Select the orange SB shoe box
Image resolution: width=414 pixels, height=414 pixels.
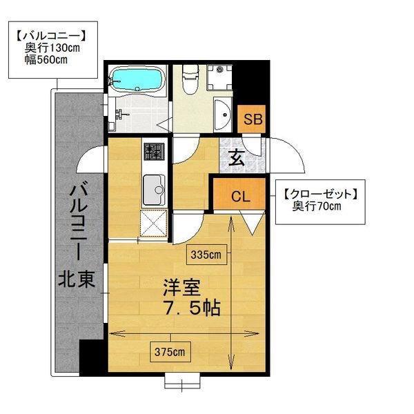251,119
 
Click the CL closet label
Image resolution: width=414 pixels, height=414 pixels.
241,196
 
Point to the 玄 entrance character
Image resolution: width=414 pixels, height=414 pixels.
236,157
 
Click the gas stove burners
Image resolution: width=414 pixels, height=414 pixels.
154,151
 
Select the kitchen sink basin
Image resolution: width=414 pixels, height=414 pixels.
154,189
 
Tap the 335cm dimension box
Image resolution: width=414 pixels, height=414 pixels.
206,255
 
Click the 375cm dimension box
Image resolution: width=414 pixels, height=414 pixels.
170,352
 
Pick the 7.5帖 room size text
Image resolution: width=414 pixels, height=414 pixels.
192,308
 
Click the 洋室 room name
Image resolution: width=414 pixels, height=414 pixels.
181,288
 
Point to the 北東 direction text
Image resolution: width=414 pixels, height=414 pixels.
77,279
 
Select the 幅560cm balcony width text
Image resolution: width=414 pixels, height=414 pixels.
46,60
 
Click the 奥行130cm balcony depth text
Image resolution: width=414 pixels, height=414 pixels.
52,48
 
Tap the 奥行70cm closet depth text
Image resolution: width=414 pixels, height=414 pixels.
317,206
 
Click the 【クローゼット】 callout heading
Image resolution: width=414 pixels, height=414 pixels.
321,195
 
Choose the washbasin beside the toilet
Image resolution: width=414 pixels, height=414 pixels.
222,115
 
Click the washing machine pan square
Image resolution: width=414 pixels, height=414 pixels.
219,77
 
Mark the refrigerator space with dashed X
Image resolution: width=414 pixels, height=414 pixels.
154,223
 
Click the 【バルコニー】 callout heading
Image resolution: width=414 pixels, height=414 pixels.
51,37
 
